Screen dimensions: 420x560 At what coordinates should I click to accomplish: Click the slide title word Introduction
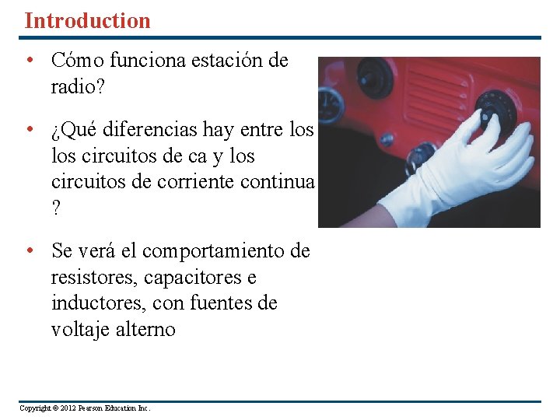tap(87, 20)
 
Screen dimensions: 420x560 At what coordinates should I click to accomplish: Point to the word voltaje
tap(80, 330)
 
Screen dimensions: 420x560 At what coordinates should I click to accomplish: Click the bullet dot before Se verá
tap(28, 251)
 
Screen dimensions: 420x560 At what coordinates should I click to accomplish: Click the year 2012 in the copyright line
tap(68, 408)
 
